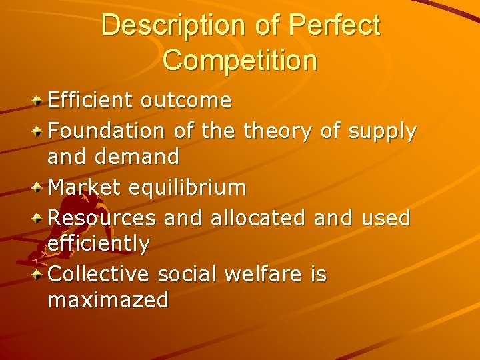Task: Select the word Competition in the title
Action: (x=239, y=61)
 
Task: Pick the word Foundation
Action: (x=107, y=131)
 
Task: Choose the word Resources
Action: (x=102, y=217)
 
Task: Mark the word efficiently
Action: (x=99, y=244)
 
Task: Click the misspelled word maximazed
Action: (x=108, y=301)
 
